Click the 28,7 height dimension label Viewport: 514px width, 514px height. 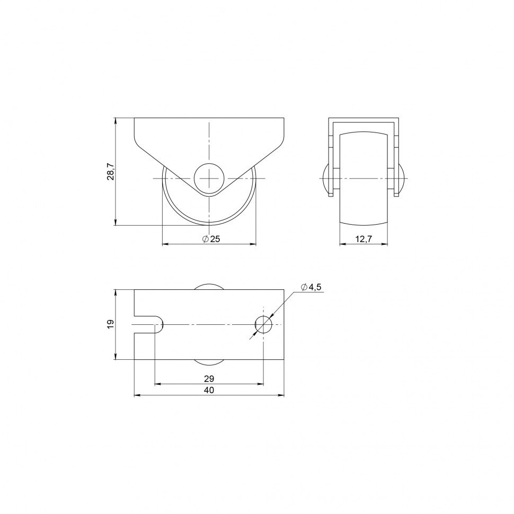pyautogui.click(x=111, y=171)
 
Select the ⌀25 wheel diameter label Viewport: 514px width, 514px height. pyautogui.click(x=211, y=239)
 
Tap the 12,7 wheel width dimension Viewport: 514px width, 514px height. pyautogui.click(x=364, y=239)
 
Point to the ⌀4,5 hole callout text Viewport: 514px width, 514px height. pyautogui.click(x=312, y=287)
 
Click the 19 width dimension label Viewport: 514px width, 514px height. pyautogui.click(x=111, y=324)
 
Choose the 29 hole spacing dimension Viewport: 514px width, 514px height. pyautogui.click(x=209, y=379)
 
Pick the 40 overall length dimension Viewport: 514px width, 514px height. pyautogui.click(x=209, y=390)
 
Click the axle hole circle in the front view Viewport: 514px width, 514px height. pyautogui.click(x=209, y=179)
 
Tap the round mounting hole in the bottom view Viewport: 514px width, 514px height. pyautogui.click(x=263, y=324)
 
